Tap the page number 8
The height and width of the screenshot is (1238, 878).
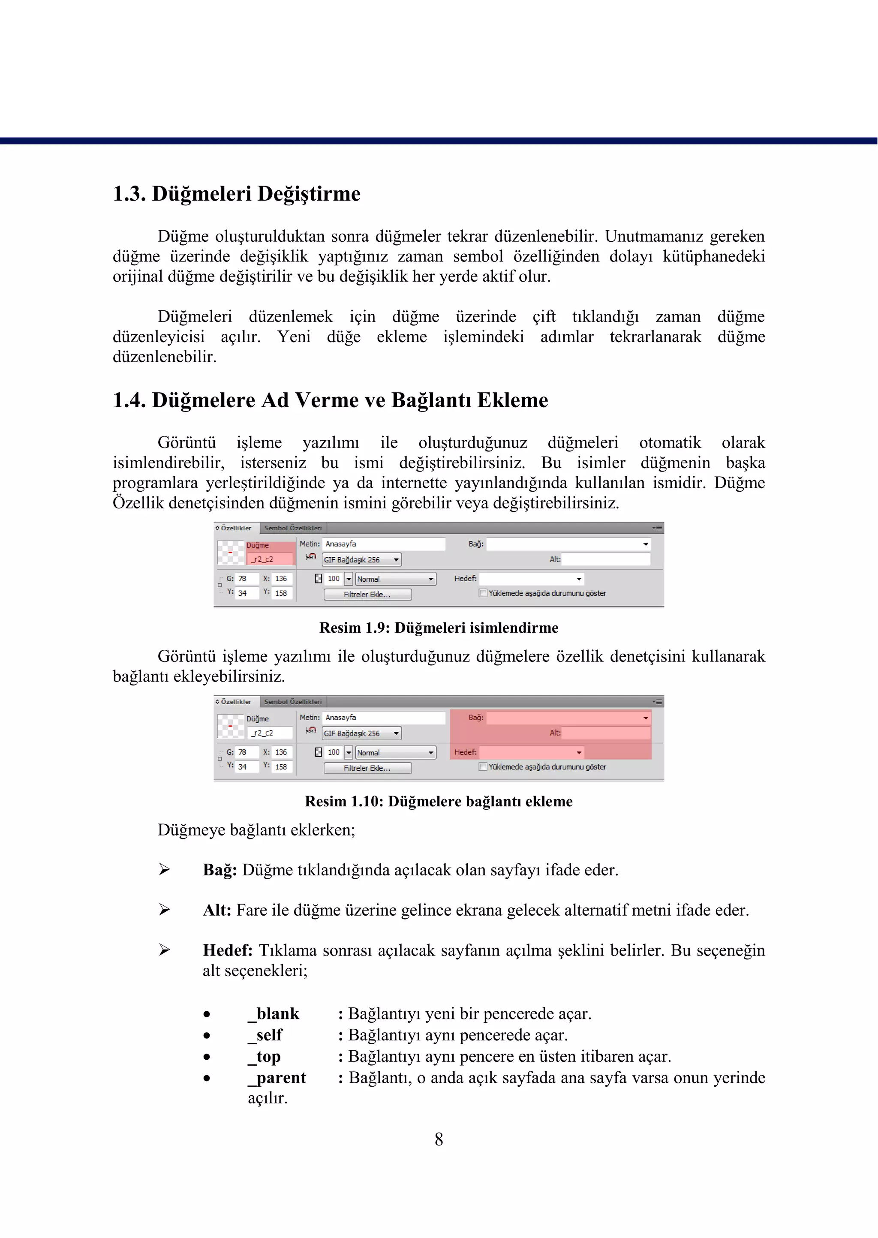(439, 1139)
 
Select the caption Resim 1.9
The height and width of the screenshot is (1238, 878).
(439, 628)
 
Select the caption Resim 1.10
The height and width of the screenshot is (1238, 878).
(439, 801)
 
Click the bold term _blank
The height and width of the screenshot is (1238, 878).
(274, 1014)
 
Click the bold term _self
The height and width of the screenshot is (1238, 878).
(265, 1035)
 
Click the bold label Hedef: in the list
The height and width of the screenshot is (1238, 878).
(228, 950)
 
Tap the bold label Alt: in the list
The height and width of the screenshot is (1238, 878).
(217, 910)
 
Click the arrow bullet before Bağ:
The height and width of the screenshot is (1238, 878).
(164, 870)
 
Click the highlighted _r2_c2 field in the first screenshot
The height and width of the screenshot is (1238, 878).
(270, 559)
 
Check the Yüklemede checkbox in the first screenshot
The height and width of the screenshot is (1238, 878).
(483, 593)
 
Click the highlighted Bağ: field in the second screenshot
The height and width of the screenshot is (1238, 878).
(567, 718)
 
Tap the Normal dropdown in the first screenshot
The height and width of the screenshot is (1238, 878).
(395, 579)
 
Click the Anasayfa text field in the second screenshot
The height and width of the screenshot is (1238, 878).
(384, 718)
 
